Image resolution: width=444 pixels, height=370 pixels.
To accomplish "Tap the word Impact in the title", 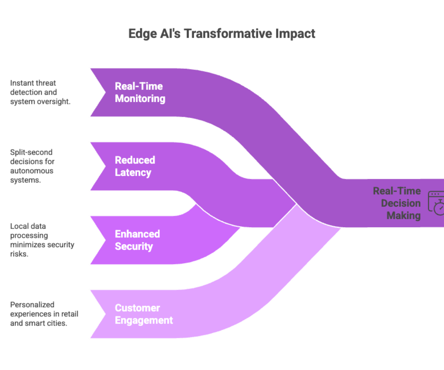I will pyautogui.click(x=295, y=34).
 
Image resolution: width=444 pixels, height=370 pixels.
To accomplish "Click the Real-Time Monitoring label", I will pyautogui.click(x=140, y=92).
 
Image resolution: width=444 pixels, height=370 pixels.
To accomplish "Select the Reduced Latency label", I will pyautogui.click(x=135, y=166).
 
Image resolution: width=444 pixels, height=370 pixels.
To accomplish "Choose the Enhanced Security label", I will pyautogui.click(x=137, y=240).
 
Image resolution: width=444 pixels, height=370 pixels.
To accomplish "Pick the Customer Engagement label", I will pyautogui.click(x=144, y=314).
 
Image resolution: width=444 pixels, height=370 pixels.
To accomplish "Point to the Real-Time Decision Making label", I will pyautogui.click(x=397, y=203).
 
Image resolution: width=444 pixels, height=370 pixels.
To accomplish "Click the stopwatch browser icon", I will pyautogui.click(x=437, y=203).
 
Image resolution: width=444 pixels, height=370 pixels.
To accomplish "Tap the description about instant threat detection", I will pyautogui.click(x=40, y=92).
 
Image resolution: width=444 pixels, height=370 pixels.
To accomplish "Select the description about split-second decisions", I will pyautogui.click(x=33, y=166).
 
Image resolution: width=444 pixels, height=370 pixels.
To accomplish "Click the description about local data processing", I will pyautogui.click(x=42, y=240).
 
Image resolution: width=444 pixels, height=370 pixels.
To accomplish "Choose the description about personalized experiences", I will pyautogui.click(x=44, y=314).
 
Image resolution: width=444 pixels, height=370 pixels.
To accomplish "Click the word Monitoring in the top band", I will pyautogui.click(x=140, y=99).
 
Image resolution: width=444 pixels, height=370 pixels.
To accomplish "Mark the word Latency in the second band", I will pyautogui.click(x=133, y=173).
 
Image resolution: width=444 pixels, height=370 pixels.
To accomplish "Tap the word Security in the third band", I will pyautogui.click(x=134, y=246).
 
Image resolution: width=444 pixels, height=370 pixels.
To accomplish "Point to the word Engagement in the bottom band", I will pyautogui.click(x=144, y=320).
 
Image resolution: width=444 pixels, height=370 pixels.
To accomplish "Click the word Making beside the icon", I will pyautogui.click(x=404, y=215).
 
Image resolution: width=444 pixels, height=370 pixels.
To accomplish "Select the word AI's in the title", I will pyautogui.click(x=169, y=34).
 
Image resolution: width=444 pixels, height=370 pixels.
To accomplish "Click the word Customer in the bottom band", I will pyautogui.click(x=137, y=308).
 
